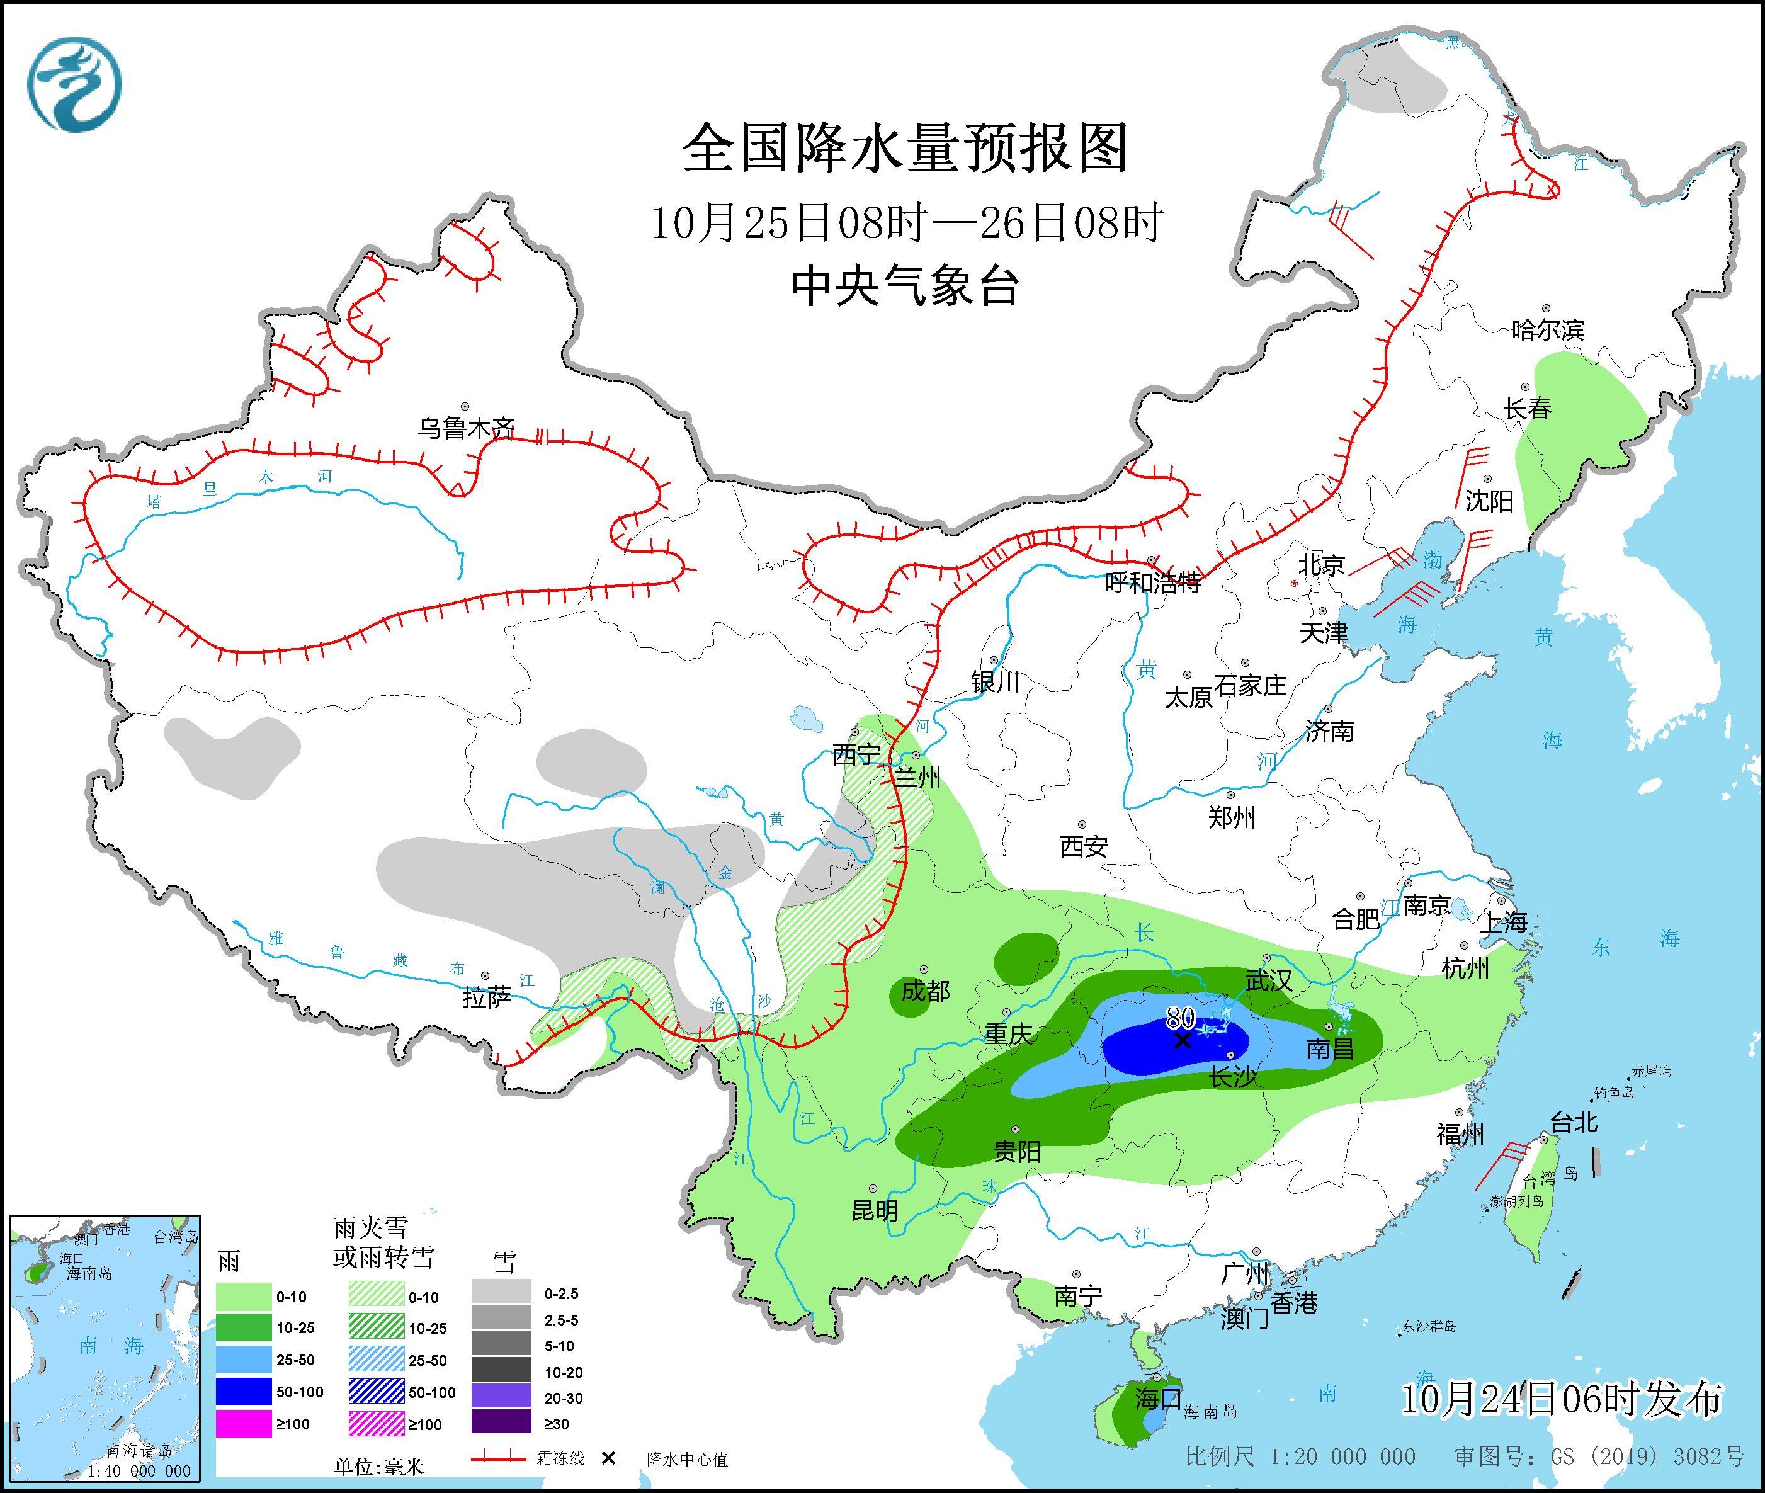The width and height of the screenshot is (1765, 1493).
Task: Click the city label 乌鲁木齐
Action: click(x=465, y=428)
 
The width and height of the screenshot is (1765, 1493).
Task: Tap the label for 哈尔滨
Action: click(x=1547, y=329)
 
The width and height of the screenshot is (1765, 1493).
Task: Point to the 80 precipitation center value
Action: click(x=1180, y=1016)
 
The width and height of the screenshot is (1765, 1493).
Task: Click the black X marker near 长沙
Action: click(x=1183, y=1040)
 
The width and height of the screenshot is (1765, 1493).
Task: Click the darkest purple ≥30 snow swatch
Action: click(x=501, y=1424)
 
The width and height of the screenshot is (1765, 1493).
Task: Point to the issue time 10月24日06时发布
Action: click(x=1561, y=1399)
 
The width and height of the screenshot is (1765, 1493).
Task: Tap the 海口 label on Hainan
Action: click(x=1158, y=1398)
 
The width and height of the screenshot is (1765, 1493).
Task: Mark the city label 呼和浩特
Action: click(x=1154, y=582)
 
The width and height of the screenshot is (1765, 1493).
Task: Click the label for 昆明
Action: click(x=875, y=1211)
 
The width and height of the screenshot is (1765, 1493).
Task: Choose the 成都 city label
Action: click(x=925, y=991)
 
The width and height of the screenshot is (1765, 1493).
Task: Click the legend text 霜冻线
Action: click(x=560, y=1459)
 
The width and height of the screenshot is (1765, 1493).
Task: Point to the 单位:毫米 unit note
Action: click(x=378, y=1466)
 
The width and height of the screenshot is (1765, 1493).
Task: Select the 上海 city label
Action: click(x=1504, y=922)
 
